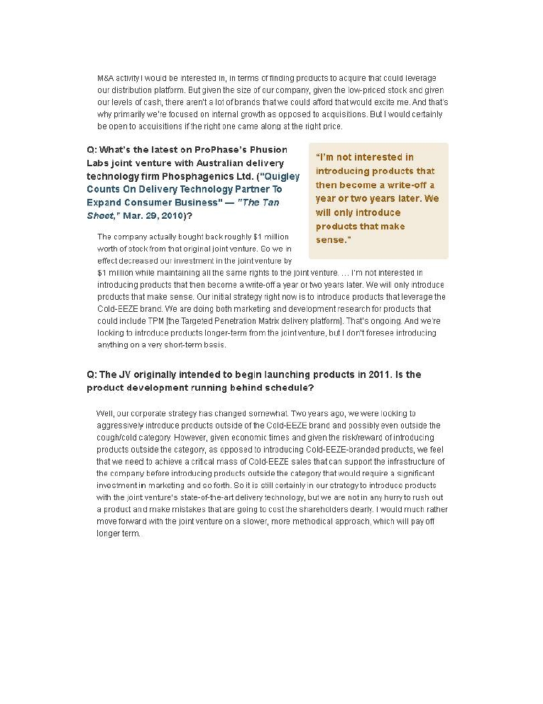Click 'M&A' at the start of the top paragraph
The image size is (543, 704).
(x=104, y=77)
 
